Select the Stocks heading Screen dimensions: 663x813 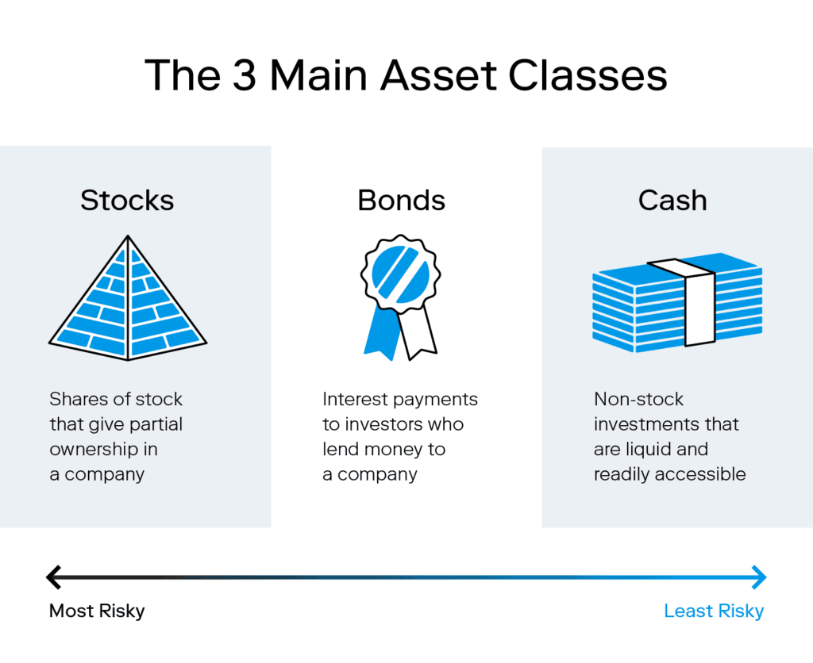click(x=127, y=200)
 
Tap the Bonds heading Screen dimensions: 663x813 click(x=402, y=200)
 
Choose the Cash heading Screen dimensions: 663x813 click(x=672, y=200)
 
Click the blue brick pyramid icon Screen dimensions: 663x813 click(x=128, y=309)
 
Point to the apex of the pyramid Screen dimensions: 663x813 click(x=128, y=238)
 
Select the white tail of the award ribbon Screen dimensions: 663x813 click(x=418, y=333)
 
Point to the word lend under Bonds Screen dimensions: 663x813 click(x=341, y=449)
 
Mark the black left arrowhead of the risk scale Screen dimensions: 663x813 click(x=53, y=577)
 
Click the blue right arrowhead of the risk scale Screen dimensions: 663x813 click(x=760, y=577)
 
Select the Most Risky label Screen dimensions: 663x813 click(x=97, y=611)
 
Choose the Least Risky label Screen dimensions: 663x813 click(x=714, y=611)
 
